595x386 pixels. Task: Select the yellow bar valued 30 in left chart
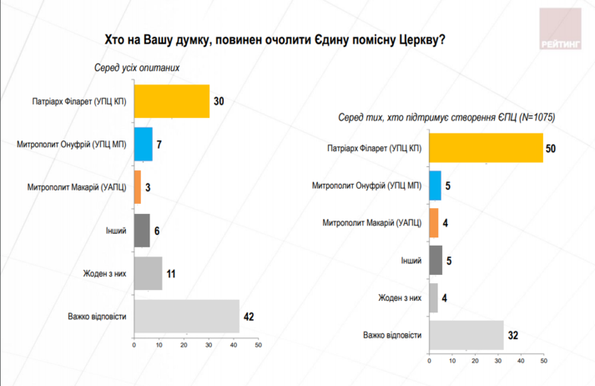pyautogui.click(x=171, y=101)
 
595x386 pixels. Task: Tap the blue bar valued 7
pyautogui.click(x=143, y=144)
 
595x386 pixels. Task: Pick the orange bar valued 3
pyautogui.click(x=137, y=187)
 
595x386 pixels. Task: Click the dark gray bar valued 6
pyautogui.click(x=141, y=230)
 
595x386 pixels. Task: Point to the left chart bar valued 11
pyautogui.click(x=148, y=272)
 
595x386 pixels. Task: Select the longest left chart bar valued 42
pyautogui.click(x=186, y=315)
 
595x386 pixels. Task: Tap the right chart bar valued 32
pyautogui.click(x=466, y=334)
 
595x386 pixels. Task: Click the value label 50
pyautogui.click(x=551, y=148)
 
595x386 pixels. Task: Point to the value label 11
pyautogui.click(x=171, y=272)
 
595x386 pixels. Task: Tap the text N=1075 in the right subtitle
pyautogui.click(x=537, y=117)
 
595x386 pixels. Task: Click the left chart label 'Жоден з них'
pyautogui.click(x=104, y=272)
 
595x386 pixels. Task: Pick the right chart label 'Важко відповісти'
pyautogui.click(x=391, y=335)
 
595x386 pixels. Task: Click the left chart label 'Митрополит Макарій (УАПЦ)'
pyautogui.click(x=73, y=187)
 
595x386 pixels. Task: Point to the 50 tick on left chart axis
pyautogui.click(x=258, y=344)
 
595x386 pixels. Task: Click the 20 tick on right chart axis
pyautogui.click(x=474, y=362)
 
